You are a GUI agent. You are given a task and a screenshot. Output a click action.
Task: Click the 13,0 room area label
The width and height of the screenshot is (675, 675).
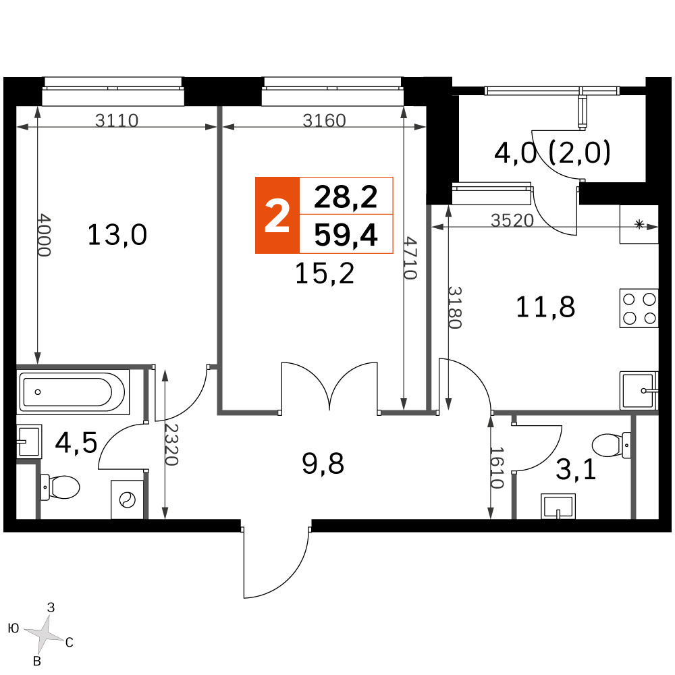coord(117,235)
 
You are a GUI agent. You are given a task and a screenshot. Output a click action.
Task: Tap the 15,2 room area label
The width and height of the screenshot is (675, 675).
coord(325,273)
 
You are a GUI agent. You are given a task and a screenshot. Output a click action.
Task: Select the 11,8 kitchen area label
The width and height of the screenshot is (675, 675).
coord(545,307)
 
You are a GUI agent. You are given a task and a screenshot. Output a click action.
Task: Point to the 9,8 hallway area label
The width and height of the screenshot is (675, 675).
coord(323,464)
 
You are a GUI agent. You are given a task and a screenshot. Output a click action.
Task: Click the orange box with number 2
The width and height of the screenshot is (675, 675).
coord(277,215)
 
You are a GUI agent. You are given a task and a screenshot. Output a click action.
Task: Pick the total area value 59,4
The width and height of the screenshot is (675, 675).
coord(346,235)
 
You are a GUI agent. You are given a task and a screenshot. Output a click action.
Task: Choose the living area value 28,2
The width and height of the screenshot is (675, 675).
coord(346,196)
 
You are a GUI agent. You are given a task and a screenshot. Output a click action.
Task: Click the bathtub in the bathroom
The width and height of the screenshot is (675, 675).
coord(74,391)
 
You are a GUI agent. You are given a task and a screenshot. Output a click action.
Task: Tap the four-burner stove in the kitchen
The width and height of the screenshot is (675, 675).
coord(639,308)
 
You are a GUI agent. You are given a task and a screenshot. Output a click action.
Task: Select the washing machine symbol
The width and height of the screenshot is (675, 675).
coord(128,500)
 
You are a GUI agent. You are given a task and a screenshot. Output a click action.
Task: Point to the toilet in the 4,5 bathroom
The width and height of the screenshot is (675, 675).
coord(60,487)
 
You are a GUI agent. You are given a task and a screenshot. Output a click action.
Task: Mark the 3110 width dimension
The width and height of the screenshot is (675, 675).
coord(117,121)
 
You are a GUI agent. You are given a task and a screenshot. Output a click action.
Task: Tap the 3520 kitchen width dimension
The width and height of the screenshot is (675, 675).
coord(512,221)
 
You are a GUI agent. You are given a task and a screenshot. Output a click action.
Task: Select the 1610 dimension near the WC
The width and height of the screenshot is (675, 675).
coord(497,468)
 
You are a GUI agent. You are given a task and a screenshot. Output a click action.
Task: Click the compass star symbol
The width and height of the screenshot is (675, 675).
coord(45,634)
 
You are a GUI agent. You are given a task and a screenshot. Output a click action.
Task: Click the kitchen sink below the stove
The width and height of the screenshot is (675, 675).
coord(639,391)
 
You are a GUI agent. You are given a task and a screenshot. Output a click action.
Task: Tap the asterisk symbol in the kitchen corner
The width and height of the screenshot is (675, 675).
coord(639,224)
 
